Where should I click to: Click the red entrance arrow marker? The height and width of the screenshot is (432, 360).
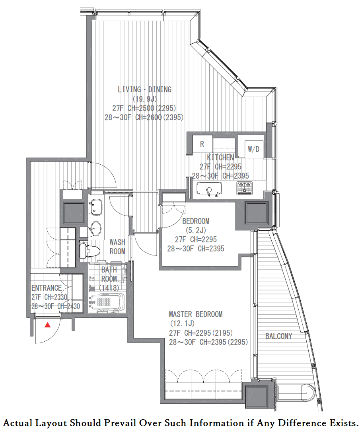coord(48,325)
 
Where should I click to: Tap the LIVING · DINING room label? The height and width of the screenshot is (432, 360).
coord(145,90)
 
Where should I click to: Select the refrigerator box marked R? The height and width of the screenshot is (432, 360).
coord(202,144)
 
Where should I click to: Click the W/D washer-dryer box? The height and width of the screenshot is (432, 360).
coord(253,149)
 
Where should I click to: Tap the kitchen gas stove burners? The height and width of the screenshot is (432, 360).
coord(244,189)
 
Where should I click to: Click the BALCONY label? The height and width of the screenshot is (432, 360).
coord(278,336)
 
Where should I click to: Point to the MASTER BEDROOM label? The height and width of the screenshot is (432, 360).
coord(196,314)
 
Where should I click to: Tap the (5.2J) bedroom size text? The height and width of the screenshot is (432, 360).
coord(196,230)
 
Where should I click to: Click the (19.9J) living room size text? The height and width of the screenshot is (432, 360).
coord(145,99)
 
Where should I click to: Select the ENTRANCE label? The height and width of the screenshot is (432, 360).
coord(46,288)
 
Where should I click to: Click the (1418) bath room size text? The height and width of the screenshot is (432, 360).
coord(109,288)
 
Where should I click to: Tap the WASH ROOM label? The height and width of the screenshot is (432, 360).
coord(117,247)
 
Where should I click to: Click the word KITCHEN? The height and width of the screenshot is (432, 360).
coord(220,158)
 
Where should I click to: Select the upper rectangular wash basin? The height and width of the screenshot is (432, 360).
coord(95,207)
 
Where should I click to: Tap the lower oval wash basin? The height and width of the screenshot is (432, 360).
coord(95,228)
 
